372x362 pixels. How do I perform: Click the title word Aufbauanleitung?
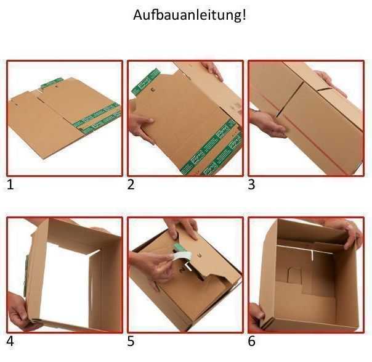(x=189, y=15)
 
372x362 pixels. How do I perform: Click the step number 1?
(x=10, y=184)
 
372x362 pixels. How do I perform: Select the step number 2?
(x=131, y=184)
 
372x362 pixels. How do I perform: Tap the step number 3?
(x=251, y=184)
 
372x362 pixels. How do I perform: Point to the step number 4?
(x=10, y=341)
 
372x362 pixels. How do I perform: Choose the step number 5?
(x=131, y=341)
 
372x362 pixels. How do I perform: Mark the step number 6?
(x=251, y=341)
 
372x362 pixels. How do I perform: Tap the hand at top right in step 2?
(x=212, y=69)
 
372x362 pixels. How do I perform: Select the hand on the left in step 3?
(x=266, y=122)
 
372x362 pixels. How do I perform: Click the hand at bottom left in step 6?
(x=256, y=314)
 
